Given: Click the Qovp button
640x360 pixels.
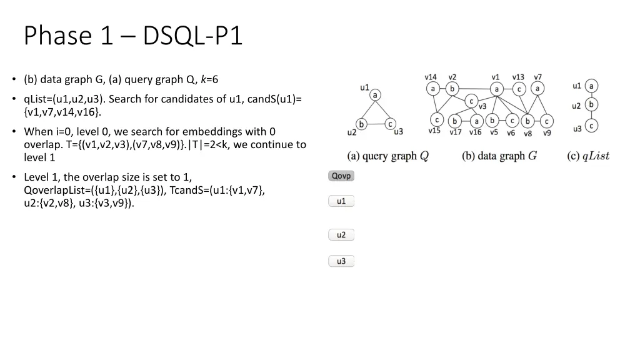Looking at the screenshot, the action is (341, 176).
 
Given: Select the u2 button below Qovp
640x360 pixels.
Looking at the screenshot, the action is (341, 235).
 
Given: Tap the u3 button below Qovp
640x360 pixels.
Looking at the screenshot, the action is (341, 261).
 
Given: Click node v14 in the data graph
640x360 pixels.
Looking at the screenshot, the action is (433, 89).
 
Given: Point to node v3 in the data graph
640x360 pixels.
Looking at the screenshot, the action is (472, 101).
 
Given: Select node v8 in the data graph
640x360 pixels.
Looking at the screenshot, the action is (528, 121).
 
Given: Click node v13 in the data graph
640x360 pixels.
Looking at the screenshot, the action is (519, 89).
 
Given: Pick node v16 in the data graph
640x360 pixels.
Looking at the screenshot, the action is (476, 121).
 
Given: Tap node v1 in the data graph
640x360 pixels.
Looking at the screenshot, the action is (496, 89).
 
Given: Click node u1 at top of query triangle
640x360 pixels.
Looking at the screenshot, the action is (375, 95).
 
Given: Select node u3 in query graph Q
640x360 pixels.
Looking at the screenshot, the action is (389, 124).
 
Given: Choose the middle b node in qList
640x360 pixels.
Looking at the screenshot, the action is (591, 104).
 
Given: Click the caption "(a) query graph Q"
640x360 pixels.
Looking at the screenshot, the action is (387, 156).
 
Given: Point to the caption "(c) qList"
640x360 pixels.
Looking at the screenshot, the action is (587, 156).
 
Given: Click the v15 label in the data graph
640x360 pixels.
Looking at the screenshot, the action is (434, 131).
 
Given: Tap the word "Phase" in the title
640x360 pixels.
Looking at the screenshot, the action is (56, 36).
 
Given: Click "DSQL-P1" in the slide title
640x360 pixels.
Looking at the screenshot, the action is (192, 36).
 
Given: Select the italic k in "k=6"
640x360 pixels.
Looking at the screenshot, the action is (204, 79).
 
